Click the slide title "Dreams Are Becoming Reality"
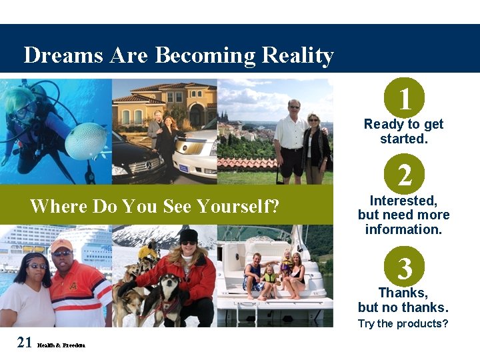[x=178, y=55]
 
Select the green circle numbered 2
[x=404, y=175]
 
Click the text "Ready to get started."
[x=403, y=131]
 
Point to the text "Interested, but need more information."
[x=403, y=215]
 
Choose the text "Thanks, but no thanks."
[x=403, y=300]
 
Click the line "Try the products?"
[x=403, y=324]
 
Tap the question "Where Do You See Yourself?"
[x=154, y=206]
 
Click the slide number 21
[x=25, y=343]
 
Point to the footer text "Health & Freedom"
[x=61, y=345]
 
